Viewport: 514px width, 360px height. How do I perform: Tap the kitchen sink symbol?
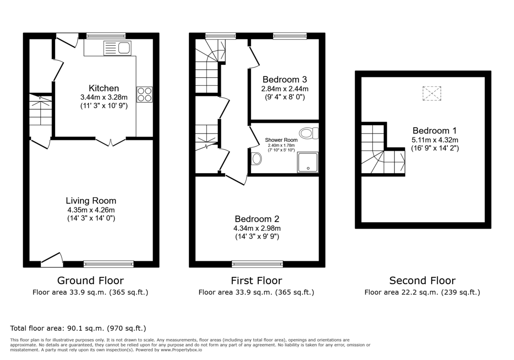117,48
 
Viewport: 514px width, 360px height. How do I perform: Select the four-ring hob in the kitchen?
144,94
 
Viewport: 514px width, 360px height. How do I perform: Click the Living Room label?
91,201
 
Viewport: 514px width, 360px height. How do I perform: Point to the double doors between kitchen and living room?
111,142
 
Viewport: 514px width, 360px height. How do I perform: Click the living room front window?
109,264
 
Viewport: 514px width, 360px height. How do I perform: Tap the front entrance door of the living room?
52,260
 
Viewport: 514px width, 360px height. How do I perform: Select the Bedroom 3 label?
285,80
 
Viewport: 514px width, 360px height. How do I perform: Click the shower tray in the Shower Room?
308,162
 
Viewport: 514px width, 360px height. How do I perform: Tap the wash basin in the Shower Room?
256,159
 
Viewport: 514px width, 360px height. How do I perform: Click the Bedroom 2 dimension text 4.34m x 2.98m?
257,228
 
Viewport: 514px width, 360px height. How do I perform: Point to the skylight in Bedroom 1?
431,93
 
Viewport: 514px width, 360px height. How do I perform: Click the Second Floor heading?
422,281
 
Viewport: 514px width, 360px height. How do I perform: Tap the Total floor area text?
78,328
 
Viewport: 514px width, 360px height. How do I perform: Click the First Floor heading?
256,281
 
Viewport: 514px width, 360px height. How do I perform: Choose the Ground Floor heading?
90,281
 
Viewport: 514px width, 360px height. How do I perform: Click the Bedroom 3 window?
290,36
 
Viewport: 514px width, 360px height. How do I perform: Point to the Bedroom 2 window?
257,264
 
